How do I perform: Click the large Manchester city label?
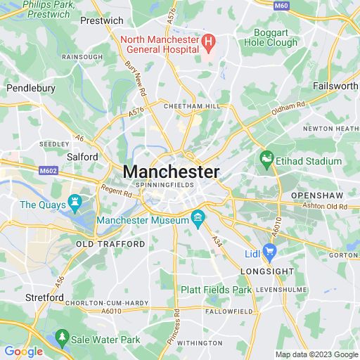pyautogui.click(x=171, y=172)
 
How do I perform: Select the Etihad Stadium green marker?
pyautogui.click(x=266, y=160)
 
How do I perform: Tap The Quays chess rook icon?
pyautogui.click(x=73, y=205)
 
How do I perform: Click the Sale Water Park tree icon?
pyautogui.click(x=63, y=339)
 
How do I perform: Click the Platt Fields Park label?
pyautogui.click(x=215, y=290)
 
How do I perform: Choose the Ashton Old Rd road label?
pyautogui.click(x=323, y=207)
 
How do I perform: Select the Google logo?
pyautogui.click(x=22, y=352)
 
